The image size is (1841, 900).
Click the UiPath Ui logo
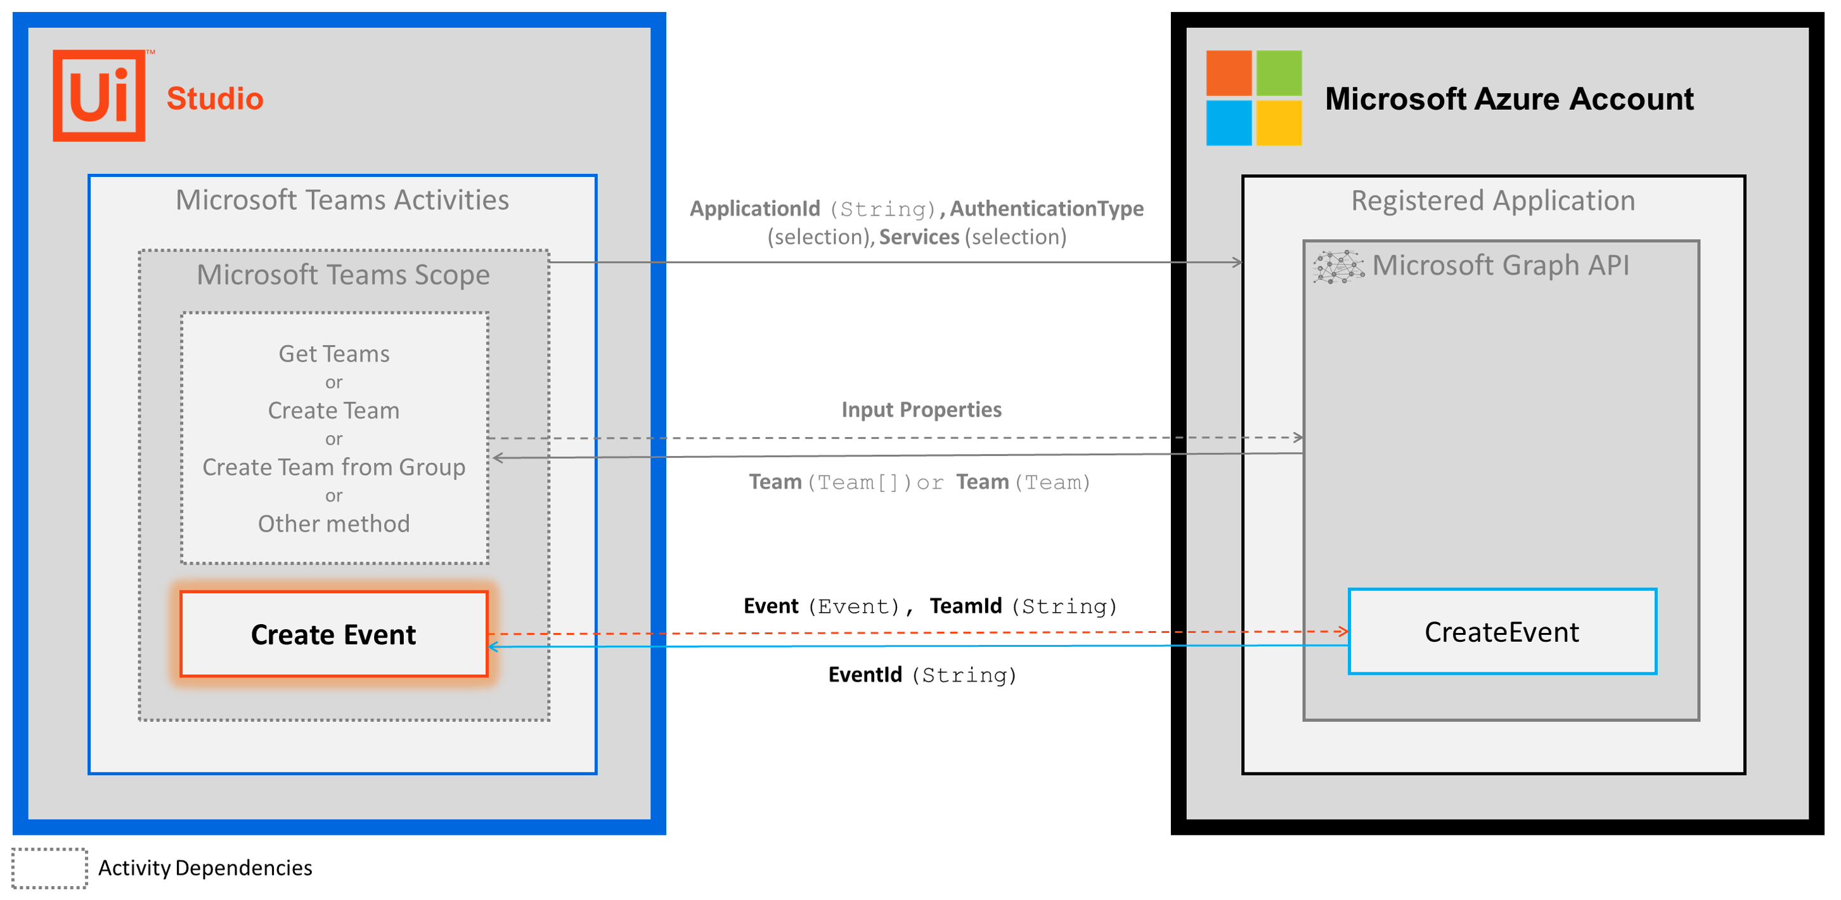coord(99,96)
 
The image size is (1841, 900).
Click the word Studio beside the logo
coord(214,99)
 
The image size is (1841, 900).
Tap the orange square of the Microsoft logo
coord(1228,73)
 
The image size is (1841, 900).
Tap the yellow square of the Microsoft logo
coord(1279,123)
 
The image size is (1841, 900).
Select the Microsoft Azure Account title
coord(1509,99)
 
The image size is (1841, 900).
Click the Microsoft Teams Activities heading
coord(342,200)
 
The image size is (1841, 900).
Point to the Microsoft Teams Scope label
coord(343,275)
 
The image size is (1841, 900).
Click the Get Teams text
coord(333,354)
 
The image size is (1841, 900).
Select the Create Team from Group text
coord(333,467)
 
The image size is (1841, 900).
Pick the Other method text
coord(333,524)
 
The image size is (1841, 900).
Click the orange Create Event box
coord(333,634)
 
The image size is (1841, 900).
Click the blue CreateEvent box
coord(1502,632)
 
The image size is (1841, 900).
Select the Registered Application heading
coord(1492,201)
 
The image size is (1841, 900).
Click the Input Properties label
coord(921,410)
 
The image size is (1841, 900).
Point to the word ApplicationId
coord(754,209)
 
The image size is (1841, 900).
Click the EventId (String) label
coord(921,675)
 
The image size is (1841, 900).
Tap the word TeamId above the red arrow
coord(966,606)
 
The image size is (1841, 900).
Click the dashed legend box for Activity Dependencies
coord(49,868)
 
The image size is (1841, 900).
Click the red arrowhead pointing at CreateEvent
coord(1342,631)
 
